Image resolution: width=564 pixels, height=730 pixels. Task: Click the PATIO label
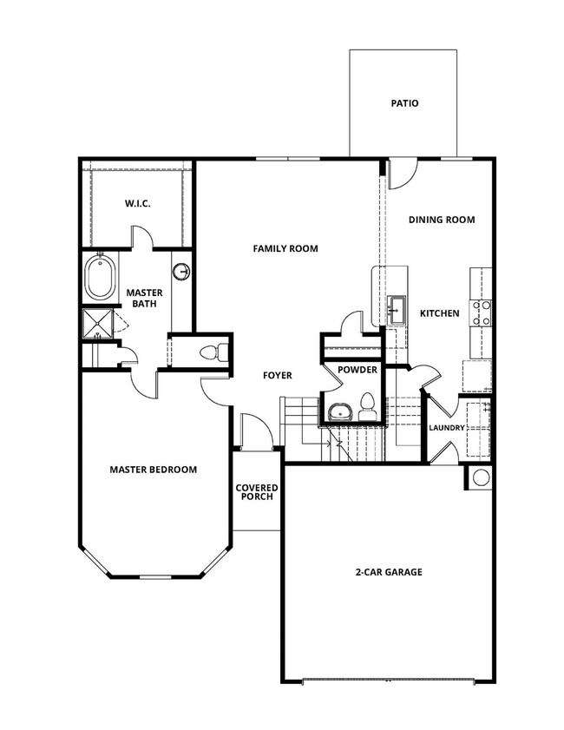point(403,103)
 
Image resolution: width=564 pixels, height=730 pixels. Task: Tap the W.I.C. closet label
point(137,204)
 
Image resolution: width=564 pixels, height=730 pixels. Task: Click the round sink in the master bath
point(181,272)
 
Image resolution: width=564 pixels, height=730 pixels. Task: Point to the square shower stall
point(98,324)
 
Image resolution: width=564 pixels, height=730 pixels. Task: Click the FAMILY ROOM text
point(285,248)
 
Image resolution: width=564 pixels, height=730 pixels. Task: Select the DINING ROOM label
point(442,220)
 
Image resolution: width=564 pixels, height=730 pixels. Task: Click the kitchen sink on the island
point(397,308)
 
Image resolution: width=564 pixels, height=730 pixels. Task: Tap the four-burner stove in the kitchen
point(480,312)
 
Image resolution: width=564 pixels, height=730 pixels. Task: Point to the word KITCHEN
point(439,312)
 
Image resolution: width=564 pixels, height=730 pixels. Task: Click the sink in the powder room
point(340,411)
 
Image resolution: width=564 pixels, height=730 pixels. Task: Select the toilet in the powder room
point(367,406)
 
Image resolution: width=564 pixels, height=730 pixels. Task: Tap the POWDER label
point(357,370)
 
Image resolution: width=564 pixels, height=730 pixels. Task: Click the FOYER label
point(277,375)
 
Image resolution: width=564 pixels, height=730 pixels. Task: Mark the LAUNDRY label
point(447,428)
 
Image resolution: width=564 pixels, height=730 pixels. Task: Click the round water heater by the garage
point(480,477)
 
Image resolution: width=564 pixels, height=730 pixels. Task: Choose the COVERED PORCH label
point(256,492)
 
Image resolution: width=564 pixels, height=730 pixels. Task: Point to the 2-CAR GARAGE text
point(388,572)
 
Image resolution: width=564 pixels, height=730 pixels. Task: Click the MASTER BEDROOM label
point(153,470)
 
